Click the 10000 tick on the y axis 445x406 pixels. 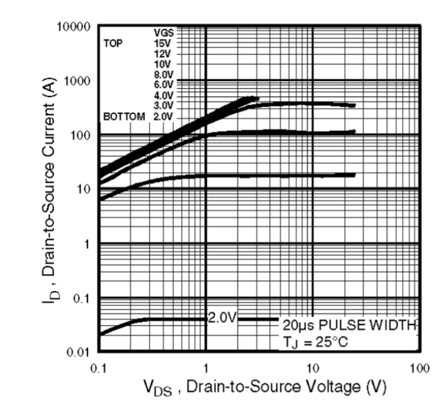point(75,26)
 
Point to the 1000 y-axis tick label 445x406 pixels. point(78,81)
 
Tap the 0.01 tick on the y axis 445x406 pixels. point(81,353)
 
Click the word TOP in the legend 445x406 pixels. point(113,44)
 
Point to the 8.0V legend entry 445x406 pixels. point(162,74)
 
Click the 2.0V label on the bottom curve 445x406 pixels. point(222,317)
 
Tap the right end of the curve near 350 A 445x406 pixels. point(353,105)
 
